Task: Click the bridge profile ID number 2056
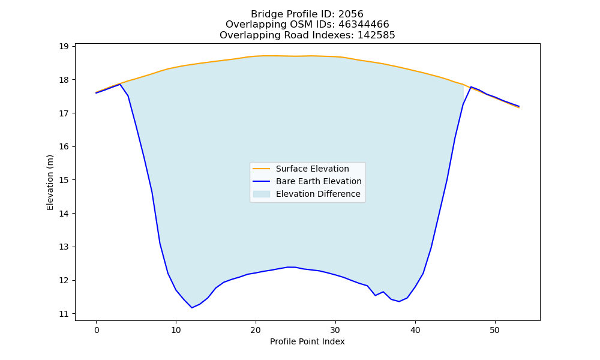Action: coord(350,14)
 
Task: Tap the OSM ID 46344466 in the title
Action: coord(364,25)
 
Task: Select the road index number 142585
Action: coord(376,35)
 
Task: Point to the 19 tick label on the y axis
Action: coord(64,47)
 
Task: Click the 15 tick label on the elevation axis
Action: coord(64,180)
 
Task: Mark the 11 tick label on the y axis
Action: coord(64,314)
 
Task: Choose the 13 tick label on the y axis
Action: coord(64,247)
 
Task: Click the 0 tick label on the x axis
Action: coord(97,330)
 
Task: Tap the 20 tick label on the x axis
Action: coord(256,330)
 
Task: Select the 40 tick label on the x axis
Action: coord(415,330)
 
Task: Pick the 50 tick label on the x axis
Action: coord(495,330)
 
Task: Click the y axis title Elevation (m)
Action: coord(50,182)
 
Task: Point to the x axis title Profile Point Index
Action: coord(307,341)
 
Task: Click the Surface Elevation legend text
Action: coord(312,169)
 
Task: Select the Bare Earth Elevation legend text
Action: coord(319,181)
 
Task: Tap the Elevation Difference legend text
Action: coord(318,194)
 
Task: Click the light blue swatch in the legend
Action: coord(262,194)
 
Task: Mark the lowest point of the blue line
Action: coord(192,308)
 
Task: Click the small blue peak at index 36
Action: coord(383,292)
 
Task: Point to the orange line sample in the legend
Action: coord(262,169)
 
